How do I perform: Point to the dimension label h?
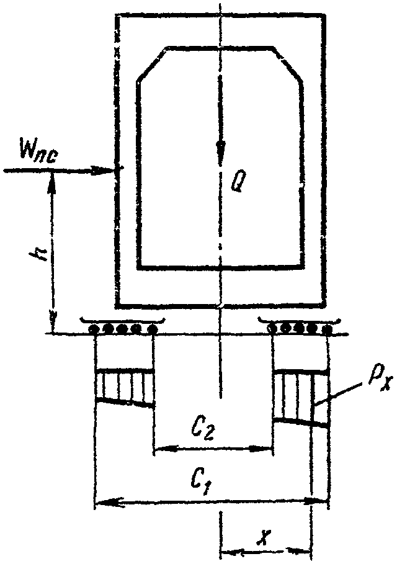pyautogui.click(x=37, y=256)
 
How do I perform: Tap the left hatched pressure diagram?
pyautogui.click(x=125, y=387)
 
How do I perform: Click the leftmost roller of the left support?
pyautogui.click(x=94, y=329)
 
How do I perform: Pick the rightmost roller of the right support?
pyautogui.click(x=327, y=329)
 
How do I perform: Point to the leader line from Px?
pyautogui.click(x=337, y=395)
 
